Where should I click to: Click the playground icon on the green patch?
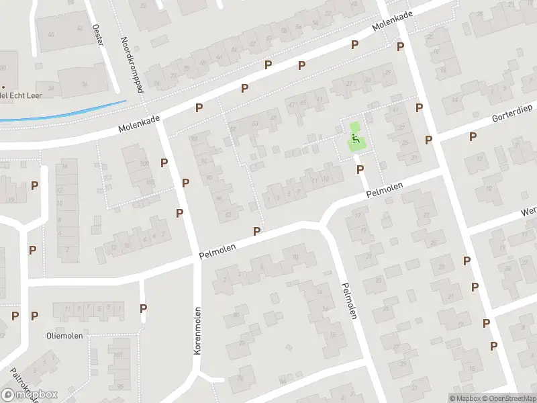[354, 138]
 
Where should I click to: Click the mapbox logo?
[30, 395]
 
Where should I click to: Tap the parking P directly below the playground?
[360, 169]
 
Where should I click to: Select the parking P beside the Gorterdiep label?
[473, 136]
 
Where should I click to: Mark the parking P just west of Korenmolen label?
[143, 308]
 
